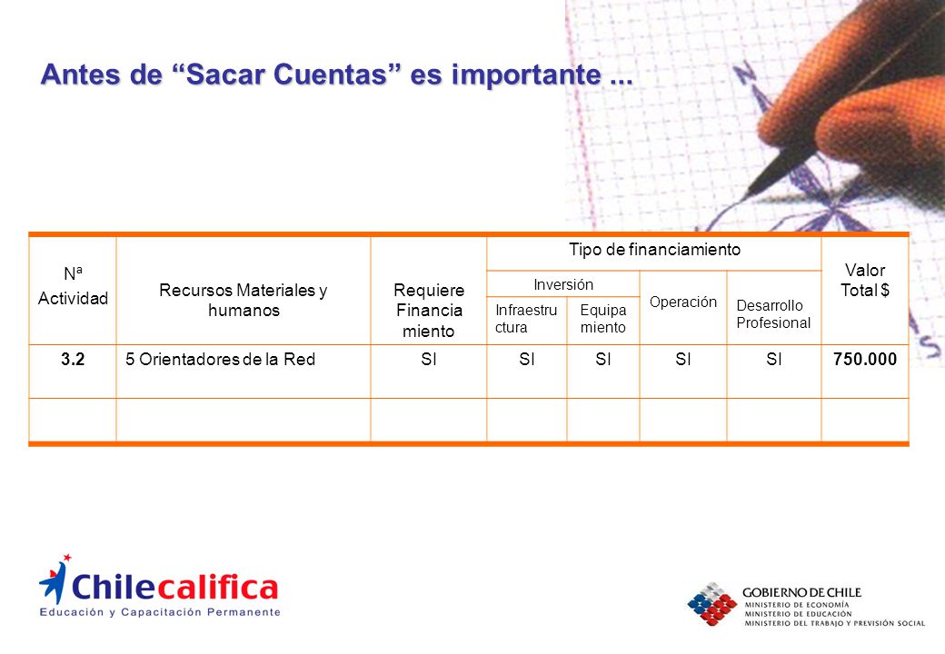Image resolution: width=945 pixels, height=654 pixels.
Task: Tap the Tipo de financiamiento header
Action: pos(654,249)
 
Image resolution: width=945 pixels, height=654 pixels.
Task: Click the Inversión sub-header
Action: pos(563,284)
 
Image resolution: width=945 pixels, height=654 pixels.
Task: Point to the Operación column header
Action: pos(682,302)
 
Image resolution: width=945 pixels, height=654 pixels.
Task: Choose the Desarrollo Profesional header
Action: pos(773,313)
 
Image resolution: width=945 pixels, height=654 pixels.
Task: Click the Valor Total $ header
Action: pos(865,280)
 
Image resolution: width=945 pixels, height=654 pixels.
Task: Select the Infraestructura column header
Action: pos(526,319)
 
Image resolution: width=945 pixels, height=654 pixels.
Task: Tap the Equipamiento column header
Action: pos(603,319)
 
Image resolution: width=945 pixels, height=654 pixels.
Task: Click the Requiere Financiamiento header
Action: pos(429,311)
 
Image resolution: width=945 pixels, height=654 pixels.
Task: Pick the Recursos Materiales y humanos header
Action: pos(244,300)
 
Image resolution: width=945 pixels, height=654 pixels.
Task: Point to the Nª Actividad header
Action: pos(73,286)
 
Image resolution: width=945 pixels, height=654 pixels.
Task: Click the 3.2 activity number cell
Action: pos(73,360)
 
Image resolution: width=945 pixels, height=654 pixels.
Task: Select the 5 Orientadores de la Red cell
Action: pos(220,360)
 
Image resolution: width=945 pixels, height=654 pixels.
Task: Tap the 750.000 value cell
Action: pos(865,360)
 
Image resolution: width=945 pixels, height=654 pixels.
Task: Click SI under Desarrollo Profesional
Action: pos(774,360)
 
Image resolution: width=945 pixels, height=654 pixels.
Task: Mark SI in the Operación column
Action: pos(682,360)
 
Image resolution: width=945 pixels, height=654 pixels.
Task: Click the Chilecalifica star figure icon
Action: pos(55,579)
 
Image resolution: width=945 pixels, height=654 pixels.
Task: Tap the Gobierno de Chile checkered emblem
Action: pos(712,603)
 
